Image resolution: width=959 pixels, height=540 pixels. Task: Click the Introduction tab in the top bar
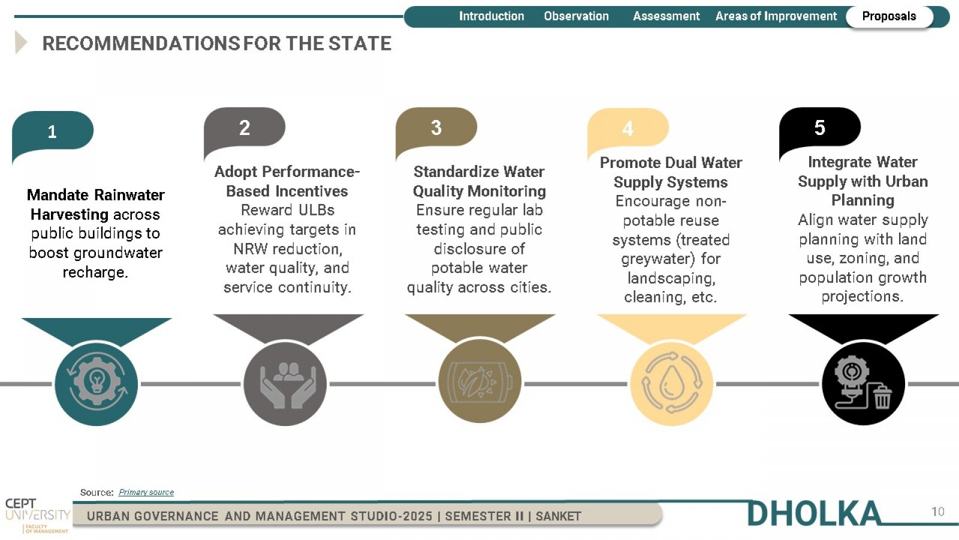click(x=491, y=16)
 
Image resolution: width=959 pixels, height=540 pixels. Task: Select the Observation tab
click(x=576, y=16)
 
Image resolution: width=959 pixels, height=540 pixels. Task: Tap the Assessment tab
click(x=666, y=16)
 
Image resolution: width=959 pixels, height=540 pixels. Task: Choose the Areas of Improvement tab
click(x=776, y=16)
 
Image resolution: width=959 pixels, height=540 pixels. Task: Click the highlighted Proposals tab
click(x=889, y=17)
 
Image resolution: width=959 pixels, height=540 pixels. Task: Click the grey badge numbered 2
click(x=245, y=128)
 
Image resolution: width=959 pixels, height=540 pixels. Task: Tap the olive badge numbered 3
click(x=436, y=128)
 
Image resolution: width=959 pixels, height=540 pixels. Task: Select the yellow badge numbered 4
click(x=628, y=128)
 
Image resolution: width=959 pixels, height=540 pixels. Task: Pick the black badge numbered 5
click(x=820, y=128)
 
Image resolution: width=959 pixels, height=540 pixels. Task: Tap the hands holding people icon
click(x=288, y=385)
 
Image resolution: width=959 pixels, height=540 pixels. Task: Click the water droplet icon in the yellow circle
click(x=671, y=382)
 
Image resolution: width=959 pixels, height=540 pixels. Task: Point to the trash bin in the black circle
click(x=882, y=397)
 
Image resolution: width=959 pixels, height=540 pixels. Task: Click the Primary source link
click(x=146, y=492)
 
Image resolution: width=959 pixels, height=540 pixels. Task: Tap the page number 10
click(x=937, y=512)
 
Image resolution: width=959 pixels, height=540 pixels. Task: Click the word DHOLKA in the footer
click(x=814, y=513)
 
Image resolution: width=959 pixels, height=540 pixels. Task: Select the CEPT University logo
click(x=37, y=515)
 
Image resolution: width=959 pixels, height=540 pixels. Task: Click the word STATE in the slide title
click(x=360, y=43)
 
